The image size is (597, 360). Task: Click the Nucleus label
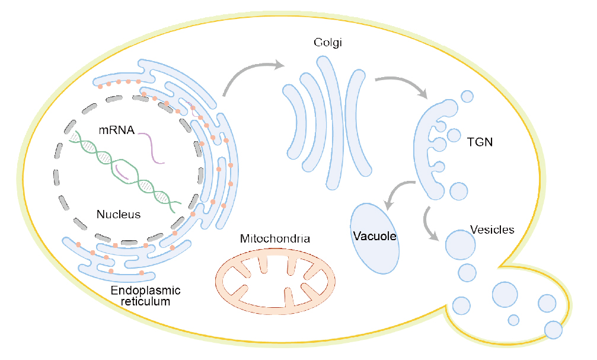pos(119,214)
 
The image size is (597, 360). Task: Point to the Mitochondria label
pos(274,239)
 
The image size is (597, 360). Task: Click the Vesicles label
pos(491,230)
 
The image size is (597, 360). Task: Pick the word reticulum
pos(146,301)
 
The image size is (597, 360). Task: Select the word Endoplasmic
pos(146,291)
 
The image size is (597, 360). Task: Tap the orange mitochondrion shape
pos(274,278)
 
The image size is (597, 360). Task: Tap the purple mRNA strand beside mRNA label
pos(152,148)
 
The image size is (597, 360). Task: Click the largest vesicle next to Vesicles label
pos(460,244)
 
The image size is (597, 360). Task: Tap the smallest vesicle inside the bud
pos(513,320)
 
